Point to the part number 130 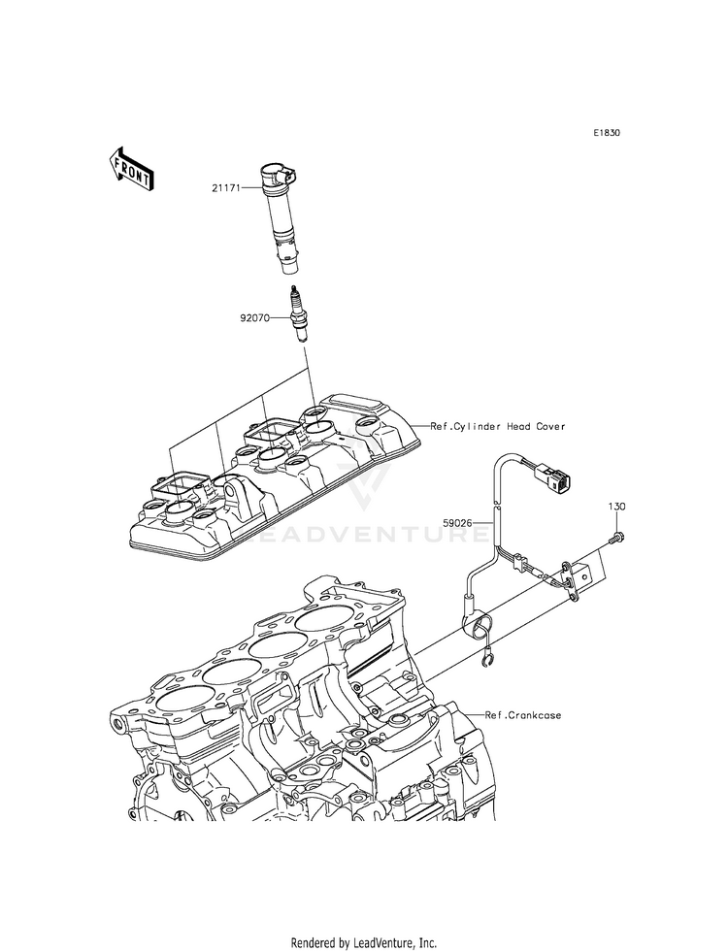(617, 507)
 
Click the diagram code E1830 (607, 132)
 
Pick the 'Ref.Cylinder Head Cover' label (498, 426)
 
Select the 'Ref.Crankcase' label (523, 715)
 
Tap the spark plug (298, 314)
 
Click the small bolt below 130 (617, 538)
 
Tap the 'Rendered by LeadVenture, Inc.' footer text (364, 942)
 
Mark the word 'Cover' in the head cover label (550, 426)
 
